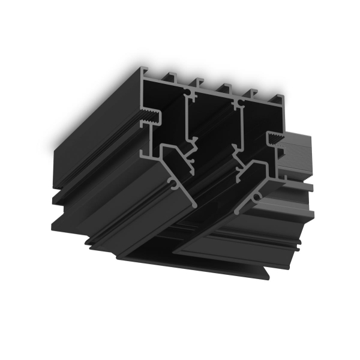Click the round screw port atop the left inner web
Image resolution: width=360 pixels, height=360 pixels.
click(x=190, y=94)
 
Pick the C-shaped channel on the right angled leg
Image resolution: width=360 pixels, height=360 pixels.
click(x=257, y=196)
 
